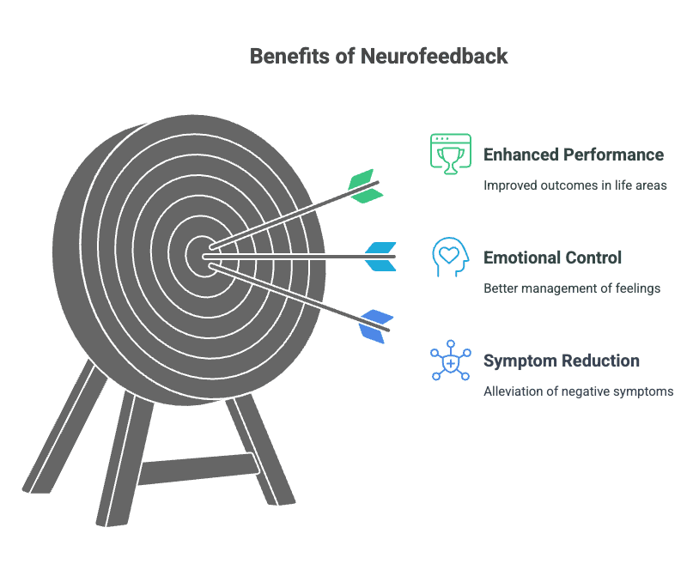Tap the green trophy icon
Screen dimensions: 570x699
click(x=450, y=154)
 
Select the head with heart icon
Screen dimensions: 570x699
click(x=450, y=257)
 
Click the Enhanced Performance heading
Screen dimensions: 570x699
click(x=574, y=155)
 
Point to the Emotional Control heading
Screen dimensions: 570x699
click(x=552, y=258)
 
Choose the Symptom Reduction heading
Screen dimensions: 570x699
click(x=561, y=361)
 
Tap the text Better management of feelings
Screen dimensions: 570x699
click(x=572, y=288)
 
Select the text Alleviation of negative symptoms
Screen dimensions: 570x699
click(x=578, y=391)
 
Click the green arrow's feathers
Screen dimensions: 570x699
click(x=364, y=186)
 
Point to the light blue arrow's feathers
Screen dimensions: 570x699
click(x=380, y=257)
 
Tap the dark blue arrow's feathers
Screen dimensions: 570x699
click(x=376, y=326)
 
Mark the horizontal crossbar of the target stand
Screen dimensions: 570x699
click(x=198, y=468)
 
